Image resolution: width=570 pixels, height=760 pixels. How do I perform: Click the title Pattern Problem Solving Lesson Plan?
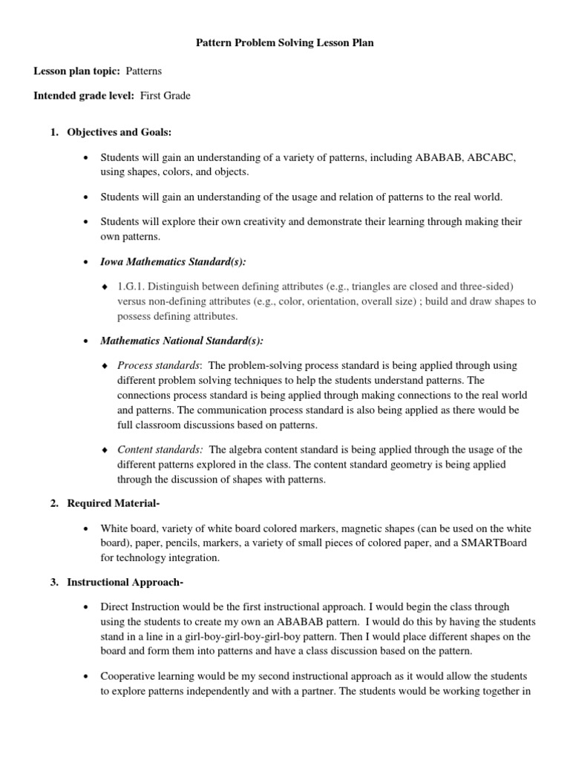pos(284,44)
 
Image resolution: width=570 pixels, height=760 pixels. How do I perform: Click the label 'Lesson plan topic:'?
pos(76,71)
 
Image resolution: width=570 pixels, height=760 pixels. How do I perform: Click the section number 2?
pos(53,503)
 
